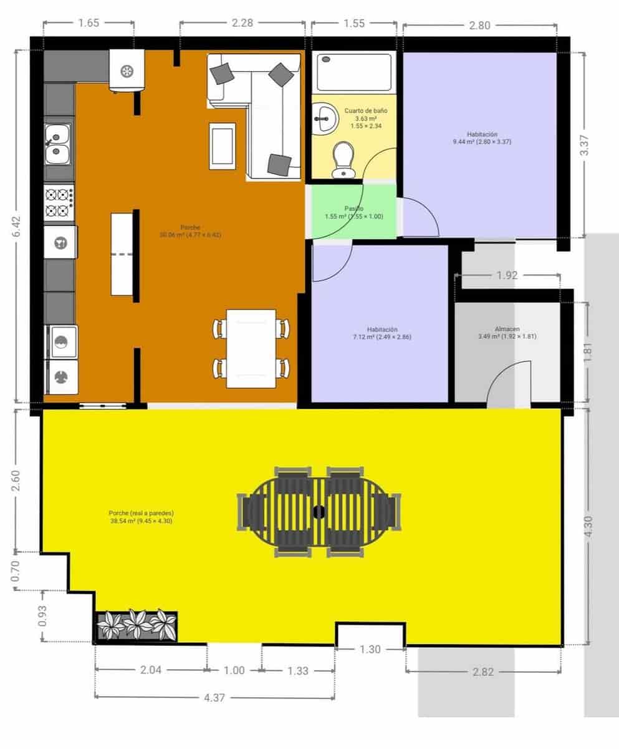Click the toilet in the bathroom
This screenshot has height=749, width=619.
click(342, 160)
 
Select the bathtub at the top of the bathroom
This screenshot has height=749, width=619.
click(353, 72)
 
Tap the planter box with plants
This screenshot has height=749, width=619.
click(137, 625)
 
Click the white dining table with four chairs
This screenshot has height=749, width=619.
click(251, 348)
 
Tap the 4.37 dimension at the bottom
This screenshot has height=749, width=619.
click(214, 697)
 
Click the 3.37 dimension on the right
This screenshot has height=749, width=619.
click(583, 145)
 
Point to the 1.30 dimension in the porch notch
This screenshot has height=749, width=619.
click(370, 650)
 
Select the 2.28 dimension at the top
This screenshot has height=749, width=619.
click(242, 23)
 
